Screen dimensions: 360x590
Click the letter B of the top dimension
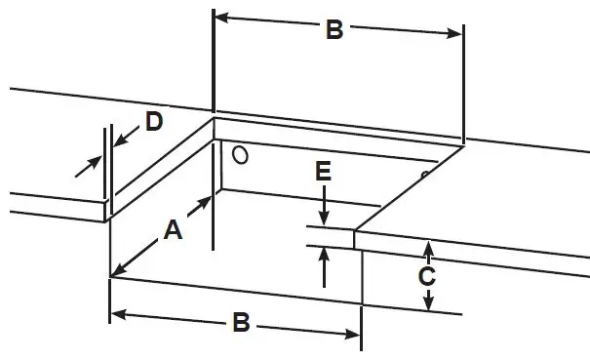point(334,30)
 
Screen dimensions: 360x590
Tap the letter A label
point(173,230)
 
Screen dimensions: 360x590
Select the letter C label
point(426,276)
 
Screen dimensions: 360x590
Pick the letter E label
point(324,173)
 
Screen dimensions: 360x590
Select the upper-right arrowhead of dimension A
point(208,201)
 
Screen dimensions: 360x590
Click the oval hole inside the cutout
point(240,154)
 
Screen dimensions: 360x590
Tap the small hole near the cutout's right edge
point(424,176)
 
